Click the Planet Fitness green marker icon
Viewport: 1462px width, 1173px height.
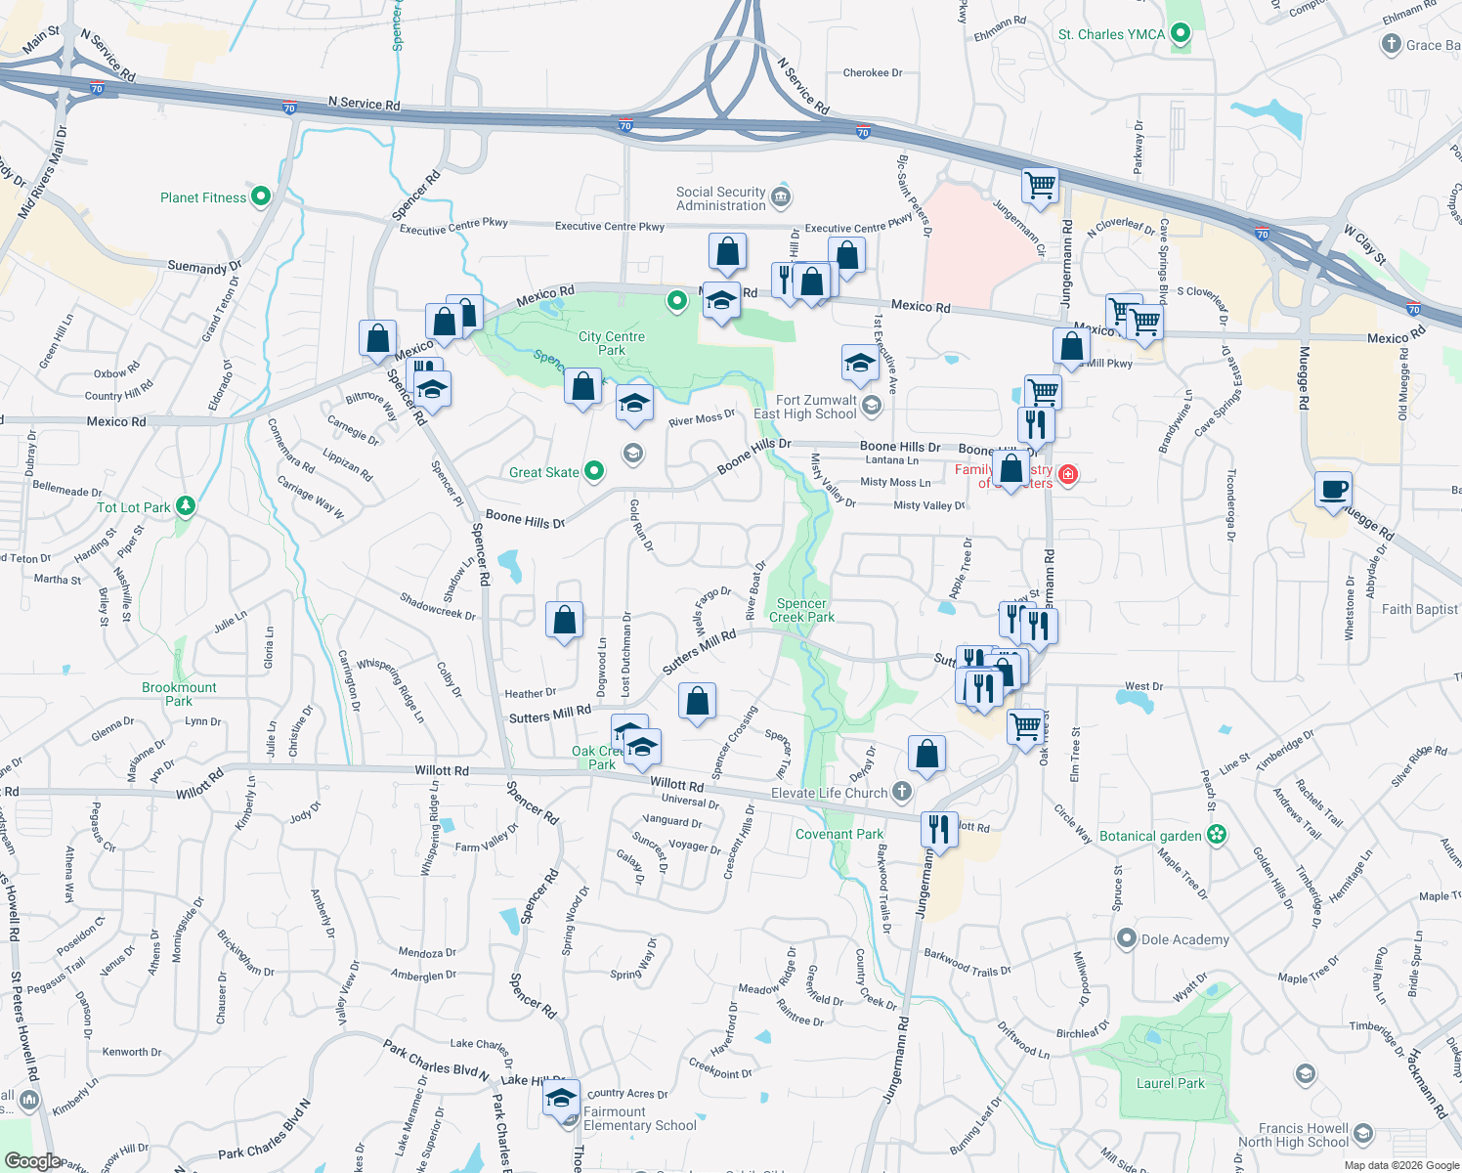[x=260, y=196]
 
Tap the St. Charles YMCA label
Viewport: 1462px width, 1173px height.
[x=1111, y=34]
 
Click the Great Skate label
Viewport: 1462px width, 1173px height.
[x=543, y=472]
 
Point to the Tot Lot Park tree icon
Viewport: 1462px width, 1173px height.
[x=186, y=506]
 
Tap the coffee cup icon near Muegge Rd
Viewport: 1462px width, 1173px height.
[x=1333, y=490]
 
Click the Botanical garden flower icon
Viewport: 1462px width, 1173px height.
[x=1217, y=835]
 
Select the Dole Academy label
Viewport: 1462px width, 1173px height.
[x=1184, y=939]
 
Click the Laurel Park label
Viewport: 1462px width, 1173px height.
[x=1170, y=1083]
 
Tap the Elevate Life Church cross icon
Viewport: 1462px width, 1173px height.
[x=902, y=792]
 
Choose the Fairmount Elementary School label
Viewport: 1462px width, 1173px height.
[x=639, y=1118]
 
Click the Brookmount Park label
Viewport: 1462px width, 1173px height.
[x=179, y=694]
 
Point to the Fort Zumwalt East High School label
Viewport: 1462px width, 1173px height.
[x=805, y=407]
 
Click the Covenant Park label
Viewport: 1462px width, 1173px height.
[x=838, y=834]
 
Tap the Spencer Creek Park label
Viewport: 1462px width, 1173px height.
[x=801, y=610]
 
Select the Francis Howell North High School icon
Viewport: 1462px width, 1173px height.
[x=1364, y=1134]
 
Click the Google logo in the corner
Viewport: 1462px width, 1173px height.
[x=32, y=1161]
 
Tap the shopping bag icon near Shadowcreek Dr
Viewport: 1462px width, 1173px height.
[x=564, y=621]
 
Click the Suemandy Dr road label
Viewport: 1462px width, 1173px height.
[x=204, y=267]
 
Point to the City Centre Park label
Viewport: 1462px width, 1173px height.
[x=612, y=343]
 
